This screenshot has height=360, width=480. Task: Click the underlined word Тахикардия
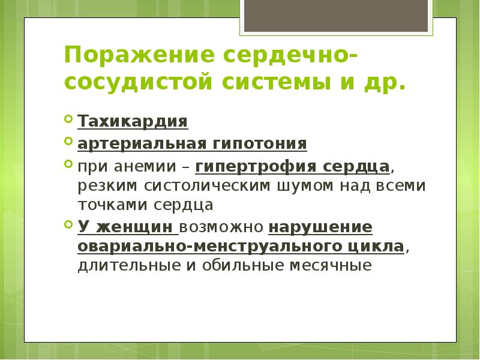click(133, 122)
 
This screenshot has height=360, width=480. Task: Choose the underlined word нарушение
click(320, 227)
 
